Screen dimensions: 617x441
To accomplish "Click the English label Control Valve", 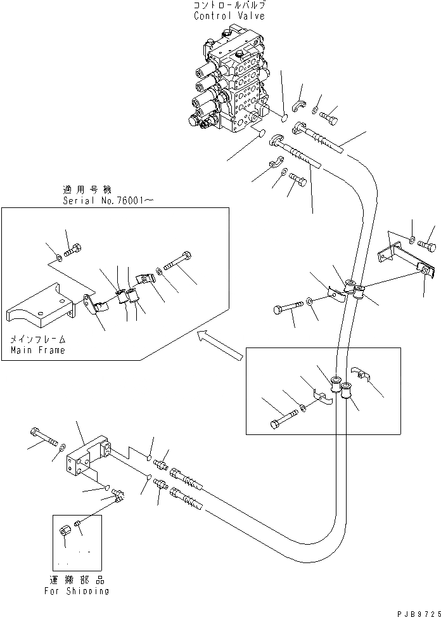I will pyautogui.click(x=229, y=15).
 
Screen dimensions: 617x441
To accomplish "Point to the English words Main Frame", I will pyautogui.click(x=37, y=350).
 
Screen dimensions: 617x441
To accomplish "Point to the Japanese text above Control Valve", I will pyautogui.click(x=229, y=5).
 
